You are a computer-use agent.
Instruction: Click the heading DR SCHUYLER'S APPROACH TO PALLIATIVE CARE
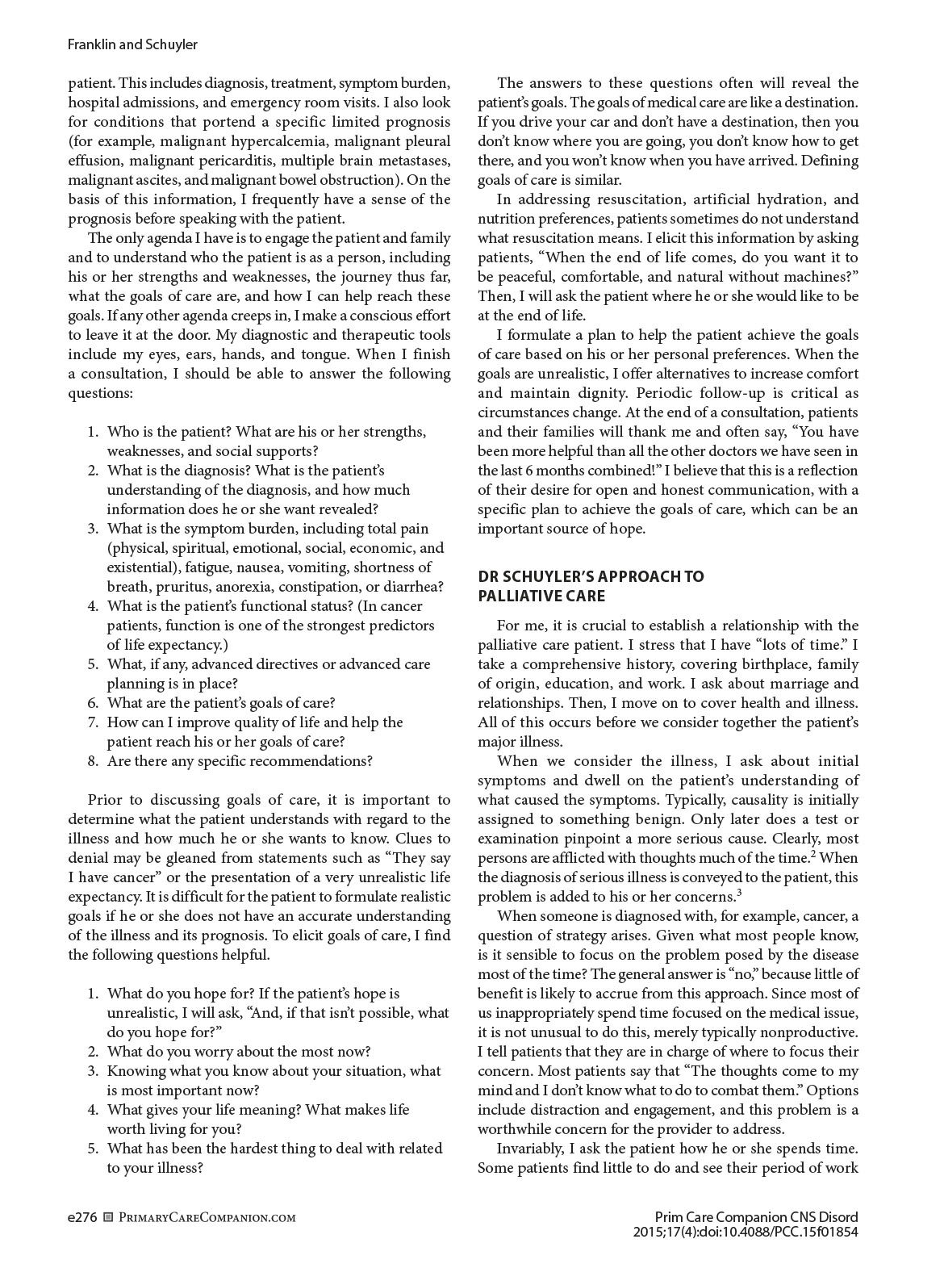pos(591,586)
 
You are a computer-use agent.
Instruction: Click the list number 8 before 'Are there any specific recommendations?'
pos(93,761)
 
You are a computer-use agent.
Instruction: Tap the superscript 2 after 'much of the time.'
pos(814,853)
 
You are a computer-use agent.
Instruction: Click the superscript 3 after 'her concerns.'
pos(739,892)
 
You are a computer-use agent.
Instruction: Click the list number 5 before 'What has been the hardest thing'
pos(93,1149)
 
